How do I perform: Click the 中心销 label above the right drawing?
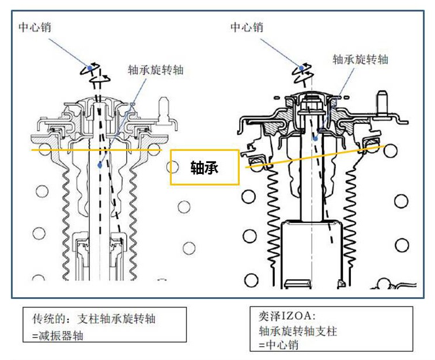247,27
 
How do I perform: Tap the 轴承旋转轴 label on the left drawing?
155,70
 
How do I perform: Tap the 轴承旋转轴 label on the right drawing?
361,59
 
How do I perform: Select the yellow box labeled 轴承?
205,167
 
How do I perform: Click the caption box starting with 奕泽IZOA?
332,329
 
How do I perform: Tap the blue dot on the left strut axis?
100,165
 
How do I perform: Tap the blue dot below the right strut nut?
315,138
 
